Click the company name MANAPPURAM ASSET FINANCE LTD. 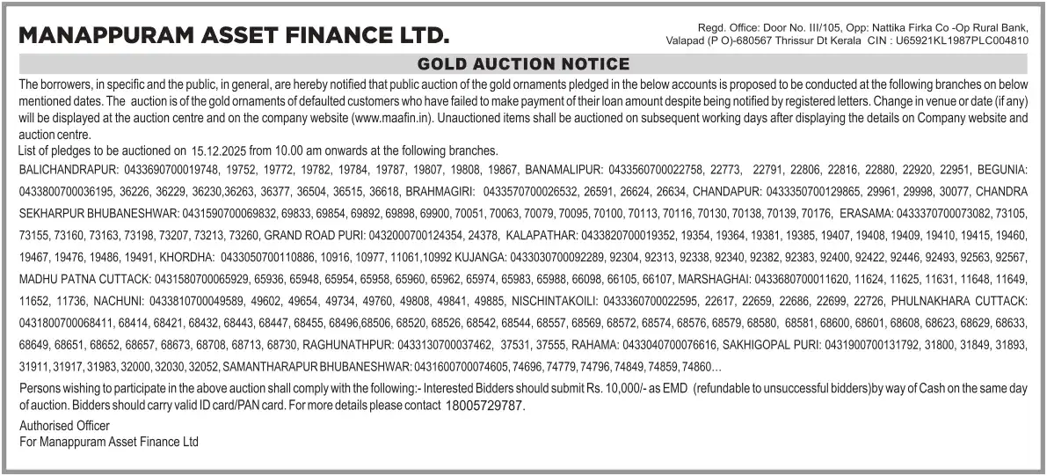233,36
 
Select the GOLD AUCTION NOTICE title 523,64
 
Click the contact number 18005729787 484,406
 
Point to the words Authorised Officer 64,426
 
